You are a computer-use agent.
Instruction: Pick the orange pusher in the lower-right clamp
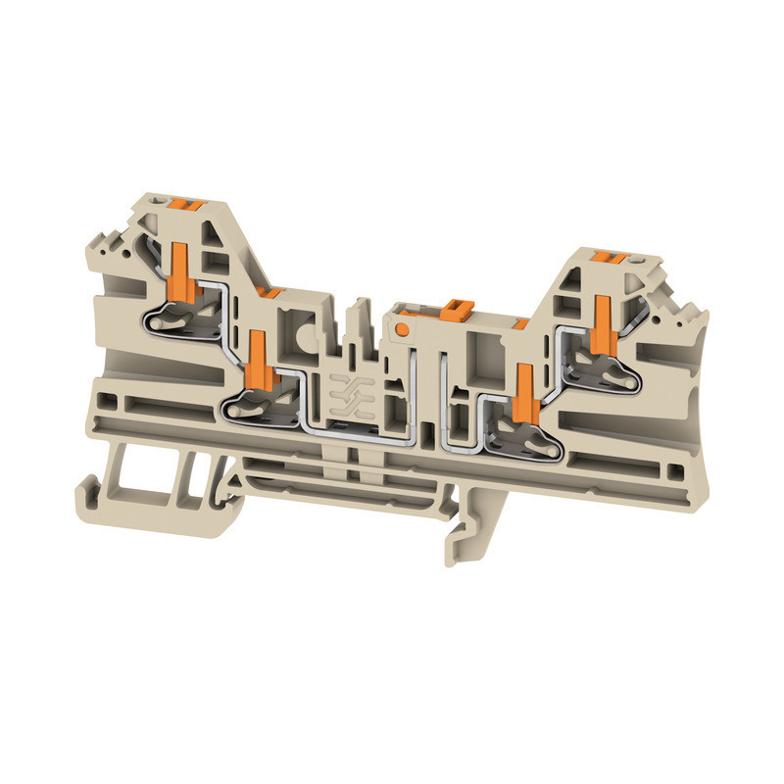click(523, 386)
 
